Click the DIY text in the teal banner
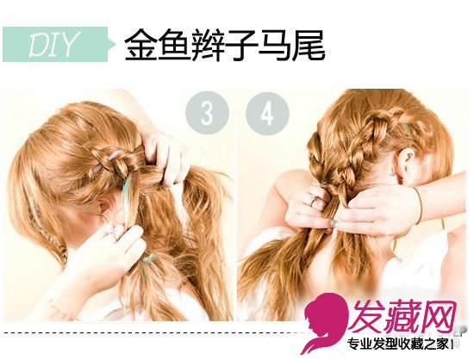(x=53, y=45)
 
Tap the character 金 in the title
(x=141, y=45)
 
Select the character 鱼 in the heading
(x=175, y=45)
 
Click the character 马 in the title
(x=274, y=45)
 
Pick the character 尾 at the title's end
(x=308, y=45)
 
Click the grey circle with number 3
(x=207, y=113)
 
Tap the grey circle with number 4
(x=267, y=113)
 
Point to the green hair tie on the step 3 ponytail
(x=149, y=258)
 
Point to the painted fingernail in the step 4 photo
(x=334, y=223)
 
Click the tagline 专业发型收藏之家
(x=399, y=344)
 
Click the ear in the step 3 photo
(x=106, y=205)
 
